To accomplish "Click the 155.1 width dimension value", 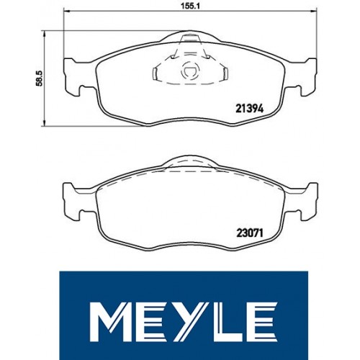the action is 190,6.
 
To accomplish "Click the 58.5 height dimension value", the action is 39,78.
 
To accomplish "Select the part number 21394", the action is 250,109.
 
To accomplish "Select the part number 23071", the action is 250,233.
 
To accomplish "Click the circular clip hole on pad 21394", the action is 190,71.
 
